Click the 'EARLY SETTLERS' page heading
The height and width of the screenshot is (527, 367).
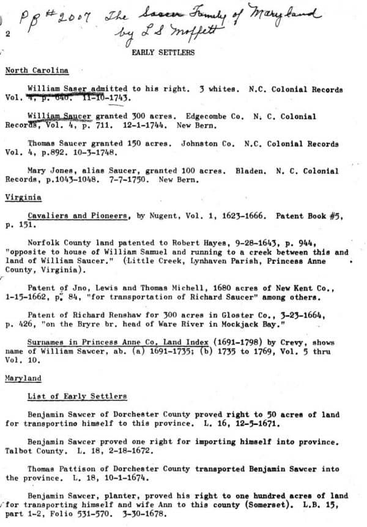click(x=163, y=53)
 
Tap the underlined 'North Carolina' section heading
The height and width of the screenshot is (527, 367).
click(x=37, y=71)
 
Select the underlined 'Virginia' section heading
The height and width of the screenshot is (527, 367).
click(x=23, y=198)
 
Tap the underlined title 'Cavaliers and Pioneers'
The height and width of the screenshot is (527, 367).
click(x=78, y=216)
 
